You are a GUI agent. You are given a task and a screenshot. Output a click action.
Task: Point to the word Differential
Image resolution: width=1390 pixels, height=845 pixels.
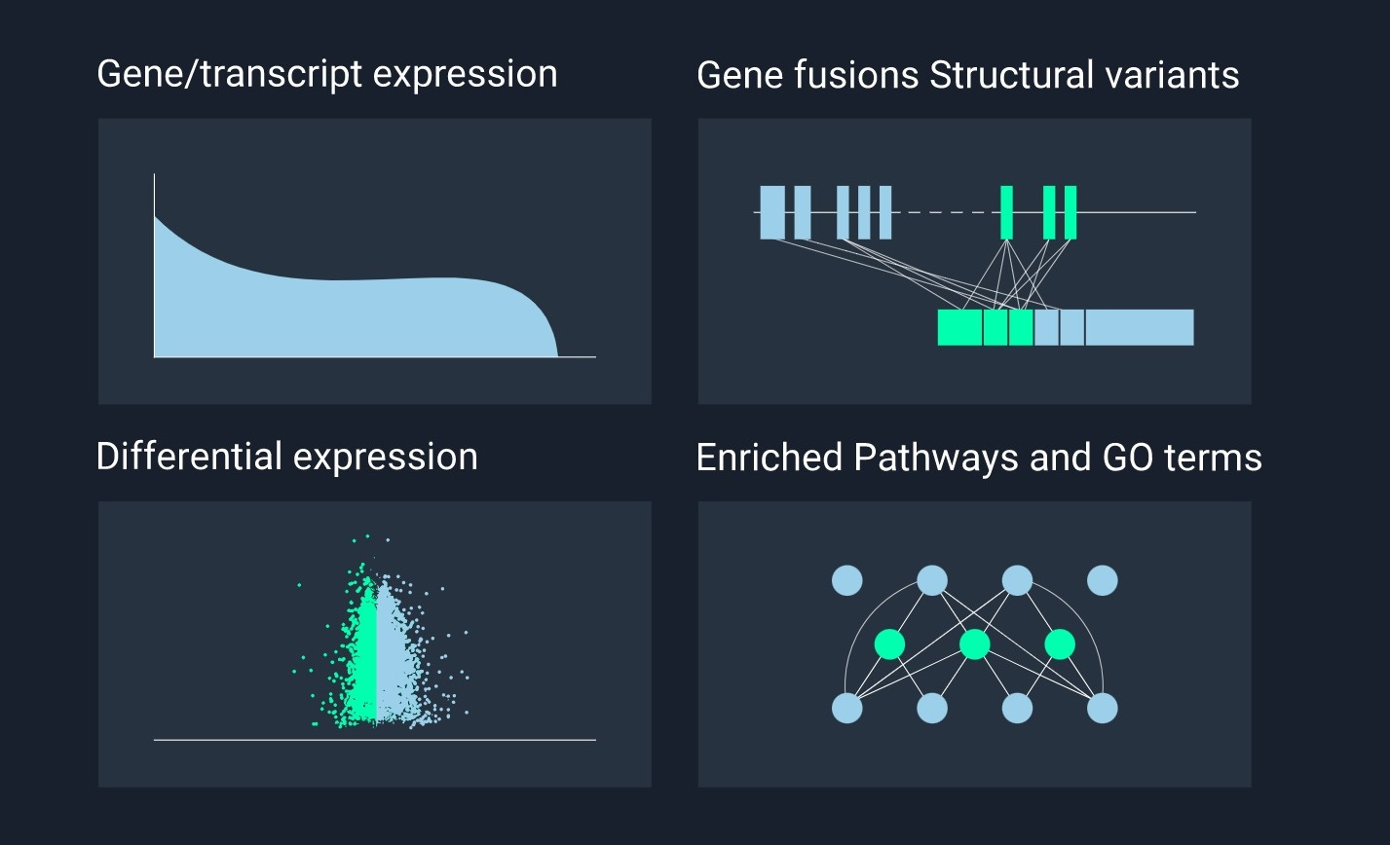point(189,457)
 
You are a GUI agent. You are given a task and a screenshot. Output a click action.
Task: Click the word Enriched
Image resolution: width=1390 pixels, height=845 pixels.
point(769,458)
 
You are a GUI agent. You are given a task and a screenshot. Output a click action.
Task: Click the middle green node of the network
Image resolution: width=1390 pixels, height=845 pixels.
point(974,644)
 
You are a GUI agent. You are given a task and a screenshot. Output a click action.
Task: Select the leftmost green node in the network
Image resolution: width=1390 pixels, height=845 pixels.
point(889,644)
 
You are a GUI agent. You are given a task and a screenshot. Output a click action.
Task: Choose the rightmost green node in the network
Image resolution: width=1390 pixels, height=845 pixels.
point(1059,644)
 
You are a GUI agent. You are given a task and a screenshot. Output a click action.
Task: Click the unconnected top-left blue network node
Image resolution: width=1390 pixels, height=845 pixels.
point(847,581)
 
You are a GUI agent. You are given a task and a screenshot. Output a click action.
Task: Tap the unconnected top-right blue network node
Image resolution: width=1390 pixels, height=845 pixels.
point(1102,581)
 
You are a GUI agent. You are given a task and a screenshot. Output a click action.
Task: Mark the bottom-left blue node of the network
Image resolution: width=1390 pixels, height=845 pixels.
point(847,708)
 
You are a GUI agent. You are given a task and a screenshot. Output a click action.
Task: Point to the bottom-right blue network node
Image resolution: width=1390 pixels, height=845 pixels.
point(1102,708)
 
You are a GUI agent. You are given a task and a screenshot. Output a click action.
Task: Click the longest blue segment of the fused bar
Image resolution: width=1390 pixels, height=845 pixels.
point(1140,327)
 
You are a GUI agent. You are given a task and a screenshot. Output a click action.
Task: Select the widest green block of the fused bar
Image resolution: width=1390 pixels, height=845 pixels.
point(959,327)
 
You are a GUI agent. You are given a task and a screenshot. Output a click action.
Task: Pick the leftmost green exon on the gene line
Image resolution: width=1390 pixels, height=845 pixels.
point(1006,211)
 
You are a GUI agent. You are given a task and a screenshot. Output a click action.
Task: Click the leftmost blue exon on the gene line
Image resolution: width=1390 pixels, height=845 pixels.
point(772,211)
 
